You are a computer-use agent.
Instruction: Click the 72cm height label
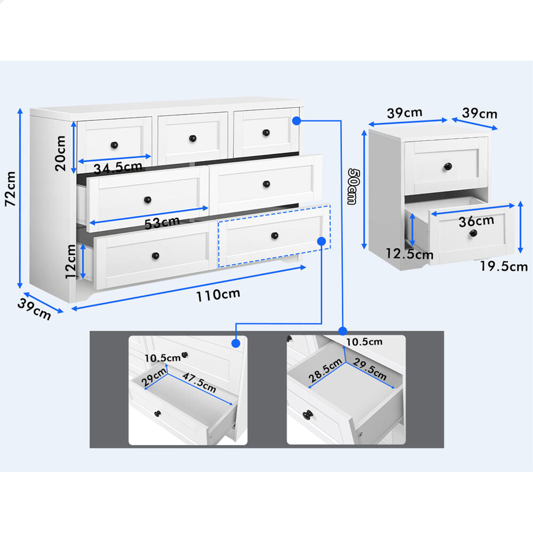click(11, 189)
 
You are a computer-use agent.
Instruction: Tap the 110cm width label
click(218, 294)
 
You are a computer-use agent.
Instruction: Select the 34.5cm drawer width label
click(118, 167)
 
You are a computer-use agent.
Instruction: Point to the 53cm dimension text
click(162, 223)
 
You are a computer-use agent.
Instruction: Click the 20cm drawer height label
click(60, 153)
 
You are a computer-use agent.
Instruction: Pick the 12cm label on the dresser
click(71, 262)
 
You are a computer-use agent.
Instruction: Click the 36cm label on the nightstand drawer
click(476, 221)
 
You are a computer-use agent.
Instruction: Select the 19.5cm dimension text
click(504, 266)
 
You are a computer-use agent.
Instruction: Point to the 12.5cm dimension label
click(409, 254)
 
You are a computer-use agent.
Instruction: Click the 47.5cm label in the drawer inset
click(199, 382)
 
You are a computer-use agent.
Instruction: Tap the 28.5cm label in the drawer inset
click(325, 370)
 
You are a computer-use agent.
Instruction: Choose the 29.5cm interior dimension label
click(370, 369)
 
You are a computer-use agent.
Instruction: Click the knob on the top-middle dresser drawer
click(193, 139)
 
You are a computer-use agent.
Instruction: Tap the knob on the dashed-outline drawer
click(274, 235)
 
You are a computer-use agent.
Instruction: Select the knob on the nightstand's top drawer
click(448, 166)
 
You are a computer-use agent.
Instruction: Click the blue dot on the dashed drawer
click(321, 241)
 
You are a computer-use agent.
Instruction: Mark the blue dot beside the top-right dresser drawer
click(296, 120)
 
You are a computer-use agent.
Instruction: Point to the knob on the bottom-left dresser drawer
click(155, 255)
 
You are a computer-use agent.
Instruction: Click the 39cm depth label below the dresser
click(34, 309)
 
